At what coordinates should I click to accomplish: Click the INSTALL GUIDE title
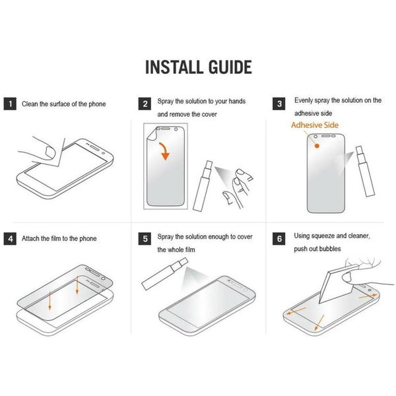tap(197, 67)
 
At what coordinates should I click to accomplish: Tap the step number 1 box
tap(10, 104)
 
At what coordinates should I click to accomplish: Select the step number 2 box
tap(145, 104)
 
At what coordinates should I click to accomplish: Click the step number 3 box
tap(280, 104)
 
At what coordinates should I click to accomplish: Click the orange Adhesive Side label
tap(315, 125)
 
